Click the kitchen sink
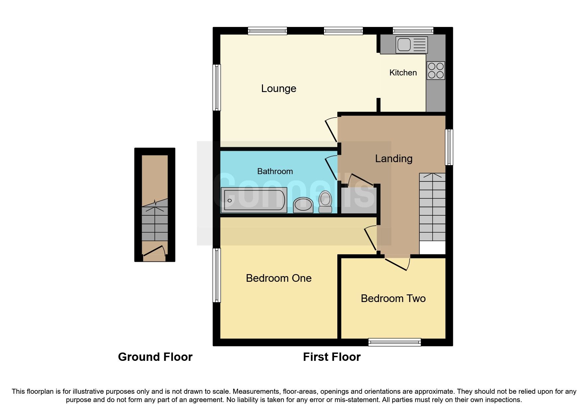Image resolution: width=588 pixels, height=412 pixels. tap(411, 45)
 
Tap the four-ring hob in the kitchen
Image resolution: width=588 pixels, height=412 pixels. tap(436, 70)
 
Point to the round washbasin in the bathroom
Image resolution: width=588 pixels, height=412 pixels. tap(303, 204)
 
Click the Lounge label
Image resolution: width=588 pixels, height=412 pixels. tap(278, 88)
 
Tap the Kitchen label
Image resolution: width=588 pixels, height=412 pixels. tap(403, 72)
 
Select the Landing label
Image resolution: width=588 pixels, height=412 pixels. tap(393, 158)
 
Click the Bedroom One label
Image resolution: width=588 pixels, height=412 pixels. tap(278, 278)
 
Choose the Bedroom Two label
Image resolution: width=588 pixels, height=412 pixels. tap(393, 298)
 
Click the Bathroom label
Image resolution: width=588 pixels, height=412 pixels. tap(275, 171)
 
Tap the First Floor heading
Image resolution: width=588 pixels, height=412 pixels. tap(331, 357)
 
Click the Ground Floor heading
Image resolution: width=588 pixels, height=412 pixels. tap(155, 357)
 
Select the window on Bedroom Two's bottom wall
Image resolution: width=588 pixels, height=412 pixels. tap(394, 342)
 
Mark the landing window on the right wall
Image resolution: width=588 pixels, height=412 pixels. tap(449, 147)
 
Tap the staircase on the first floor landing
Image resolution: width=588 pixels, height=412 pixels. tap(432, 208)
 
